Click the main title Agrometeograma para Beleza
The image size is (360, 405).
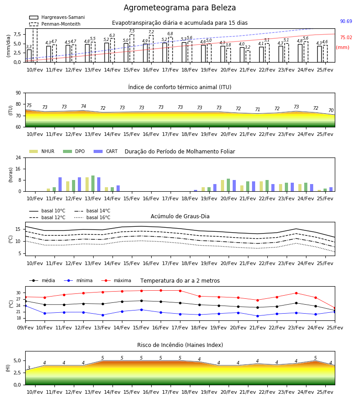[x=180, y=8]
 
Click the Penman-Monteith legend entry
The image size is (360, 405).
[x=55, y=24]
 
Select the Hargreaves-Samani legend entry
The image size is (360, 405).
[x=57, y=17]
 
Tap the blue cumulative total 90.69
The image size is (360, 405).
[x=346, y=21]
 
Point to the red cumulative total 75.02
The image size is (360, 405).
[x=346, y=37]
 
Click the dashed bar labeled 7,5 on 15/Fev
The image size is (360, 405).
[x=132, y=48]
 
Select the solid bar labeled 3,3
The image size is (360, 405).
[x=29, y=56]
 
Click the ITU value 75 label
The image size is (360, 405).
[x=29, y=105]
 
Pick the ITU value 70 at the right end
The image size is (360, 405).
[x=331, y=110]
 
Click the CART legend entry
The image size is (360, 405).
[x=106, y=151]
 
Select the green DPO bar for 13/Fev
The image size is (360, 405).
[x=93, y=184]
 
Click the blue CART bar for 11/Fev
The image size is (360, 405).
[x=60, y=184]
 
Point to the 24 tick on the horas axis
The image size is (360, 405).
[x=18, y=157]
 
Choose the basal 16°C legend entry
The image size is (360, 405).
[x=92, y=217]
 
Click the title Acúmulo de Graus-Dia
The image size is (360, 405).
[x=180, y=216]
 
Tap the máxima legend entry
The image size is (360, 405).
[x=116, y=280]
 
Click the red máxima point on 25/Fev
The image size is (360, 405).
[x=335, y=308]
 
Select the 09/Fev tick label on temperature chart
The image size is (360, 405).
[x=25, y=328]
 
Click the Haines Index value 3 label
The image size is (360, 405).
[x=29, y=368]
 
